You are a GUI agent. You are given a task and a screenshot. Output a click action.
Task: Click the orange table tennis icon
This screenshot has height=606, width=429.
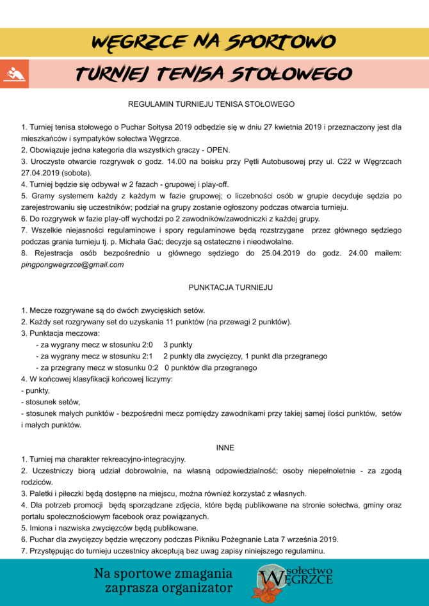click(12, 74)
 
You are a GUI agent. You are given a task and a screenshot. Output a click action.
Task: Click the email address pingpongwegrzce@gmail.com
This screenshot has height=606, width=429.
click(72, 265)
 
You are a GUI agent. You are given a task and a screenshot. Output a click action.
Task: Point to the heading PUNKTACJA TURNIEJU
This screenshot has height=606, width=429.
click(231, 287)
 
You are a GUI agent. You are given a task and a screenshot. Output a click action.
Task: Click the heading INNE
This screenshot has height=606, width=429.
click(225, 447)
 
